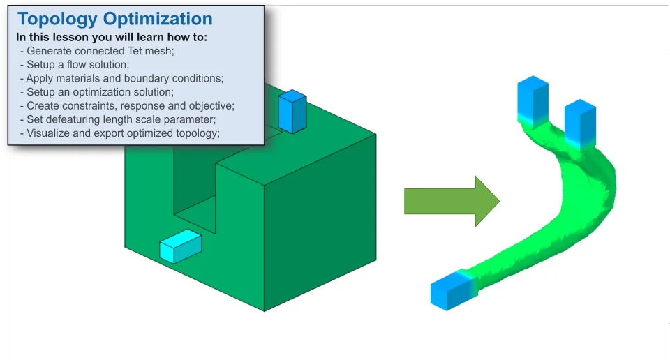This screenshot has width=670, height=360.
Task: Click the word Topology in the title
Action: pyautogui.click(x=57, y=20)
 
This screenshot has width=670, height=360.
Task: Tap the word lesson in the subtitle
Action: pyautogui.click(x=70, y=37)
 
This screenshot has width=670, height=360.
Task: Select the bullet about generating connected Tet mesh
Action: pyautogui.click(x=97, y=51)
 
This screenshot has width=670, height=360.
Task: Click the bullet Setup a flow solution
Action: pyautogui.click(x=75, y=64)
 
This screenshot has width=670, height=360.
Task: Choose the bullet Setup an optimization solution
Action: pyautogui.click(x=96, y=92)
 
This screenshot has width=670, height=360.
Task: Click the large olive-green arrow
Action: pyautogui.click(x=452, y=201)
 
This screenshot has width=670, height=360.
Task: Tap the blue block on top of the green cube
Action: pyautogui.click(x=292, y=112)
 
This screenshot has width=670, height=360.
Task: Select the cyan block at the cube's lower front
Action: pyautogui.click(x=180, y=246)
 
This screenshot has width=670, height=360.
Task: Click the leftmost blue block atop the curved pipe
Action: pyautogui.click(x=533, y=100)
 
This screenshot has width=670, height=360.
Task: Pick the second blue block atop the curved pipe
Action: pyautogui.click(x=580, y=124)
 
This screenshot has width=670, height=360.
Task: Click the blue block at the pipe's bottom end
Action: pyautogui.click(x=453, y=290)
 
